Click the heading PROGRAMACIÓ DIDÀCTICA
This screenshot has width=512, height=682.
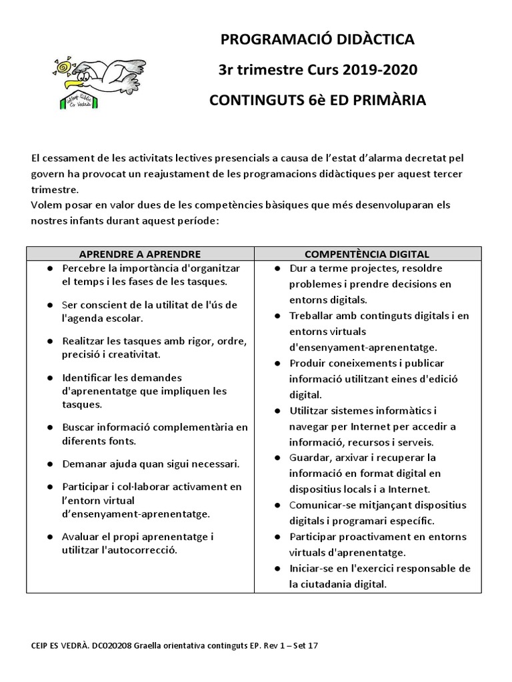coord(317,40)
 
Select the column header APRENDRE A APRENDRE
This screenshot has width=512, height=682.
coord(140,254)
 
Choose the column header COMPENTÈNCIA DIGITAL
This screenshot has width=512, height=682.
coord(367,254)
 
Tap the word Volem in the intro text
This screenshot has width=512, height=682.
coord(47,206)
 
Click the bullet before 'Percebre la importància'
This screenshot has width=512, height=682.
coord(51,268)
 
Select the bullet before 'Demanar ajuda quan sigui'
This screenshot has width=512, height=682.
coord(51,463)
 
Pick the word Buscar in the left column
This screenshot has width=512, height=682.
coord(79,426)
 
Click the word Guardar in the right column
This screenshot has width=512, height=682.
coord(311,458)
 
